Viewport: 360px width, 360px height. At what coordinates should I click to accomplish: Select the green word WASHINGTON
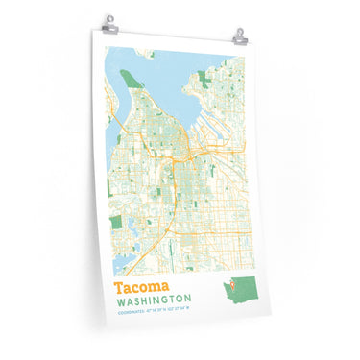click(162, 300)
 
